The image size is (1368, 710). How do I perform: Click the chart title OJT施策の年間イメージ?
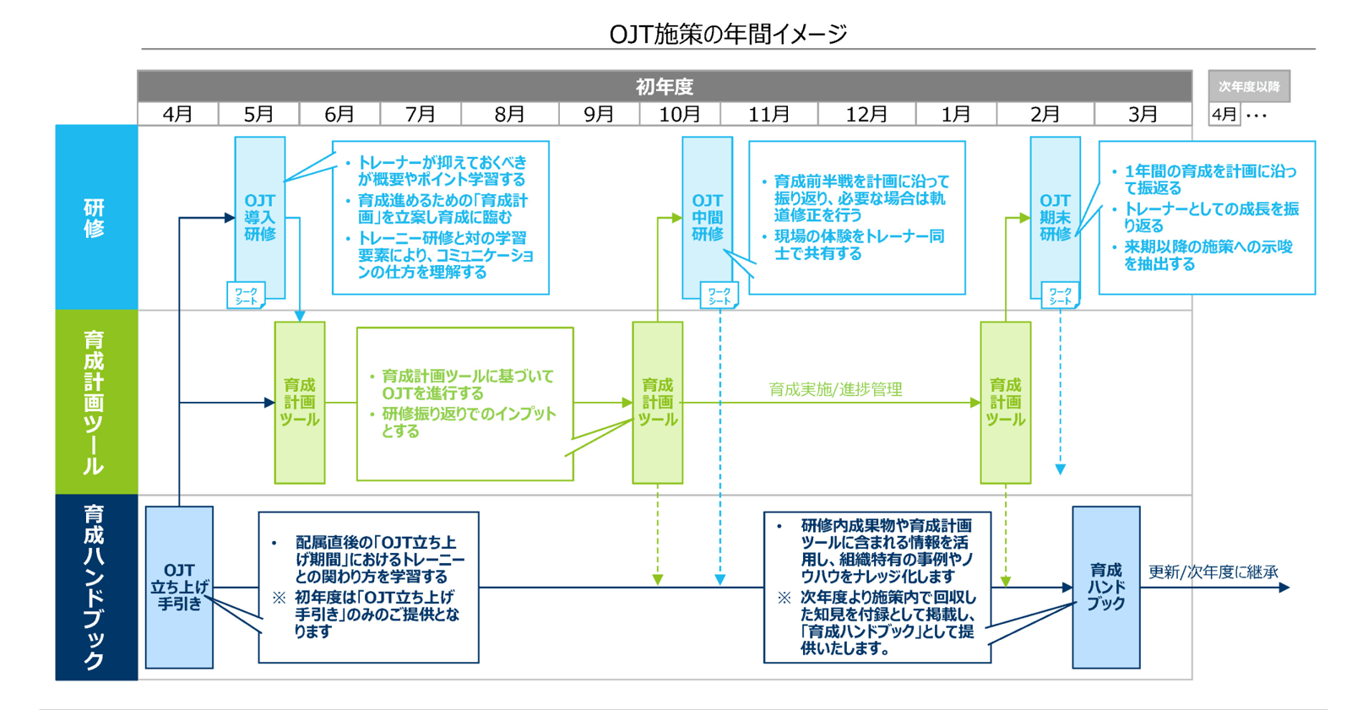click(727, 34)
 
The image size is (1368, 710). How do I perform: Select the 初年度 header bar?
click(665, 86)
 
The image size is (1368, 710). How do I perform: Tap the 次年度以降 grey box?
click(1248, 86)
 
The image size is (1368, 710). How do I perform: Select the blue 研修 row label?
click(95, 218)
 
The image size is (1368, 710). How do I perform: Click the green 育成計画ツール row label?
click(95, 402)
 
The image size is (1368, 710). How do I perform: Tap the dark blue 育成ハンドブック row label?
click(95, 587)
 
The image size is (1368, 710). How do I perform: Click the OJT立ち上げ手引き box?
click(179, 587)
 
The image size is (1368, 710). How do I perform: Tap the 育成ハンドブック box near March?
click(1105, 587)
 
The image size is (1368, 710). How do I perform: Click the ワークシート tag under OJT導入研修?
click(246, 295)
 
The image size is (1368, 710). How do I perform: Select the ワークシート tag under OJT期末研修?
click(1060, 295)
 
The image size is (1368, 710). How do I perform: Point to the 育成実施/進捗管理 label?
click(835, 389)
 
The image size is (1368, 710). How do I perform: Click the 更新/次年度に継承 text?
click(1213, 572)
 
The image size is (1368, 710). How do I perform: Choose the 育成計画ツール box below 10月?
click(657, 403)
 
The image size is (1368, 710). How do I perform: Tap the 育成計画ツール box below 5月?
click(299, 403)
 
